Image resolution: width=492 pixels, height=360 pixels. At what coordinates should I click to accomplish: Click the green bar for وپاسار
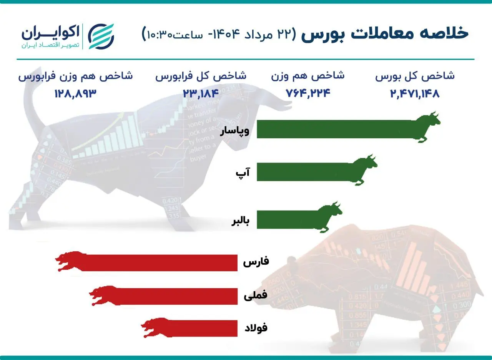334,129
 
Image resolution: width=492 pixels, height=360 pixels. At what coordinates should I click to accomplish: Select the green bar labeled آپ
304,172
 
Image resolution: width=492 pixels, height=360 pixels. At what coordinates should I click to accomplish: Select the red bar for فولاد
200,328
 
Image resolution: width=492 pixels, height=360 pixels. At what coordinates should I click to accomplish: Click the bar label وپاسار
234,131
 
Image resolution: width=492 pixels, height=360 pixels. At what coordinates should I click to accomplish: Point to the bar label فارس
256,262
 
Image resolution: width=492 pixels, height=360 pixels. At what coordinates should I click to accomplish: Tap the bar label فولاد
256,328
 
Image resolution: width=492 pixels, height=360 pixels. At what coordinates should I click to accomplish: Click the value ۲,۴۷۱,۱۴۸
415,93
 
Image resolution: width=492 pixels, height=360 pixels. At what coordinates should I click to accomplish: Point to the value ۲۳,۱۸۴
201,93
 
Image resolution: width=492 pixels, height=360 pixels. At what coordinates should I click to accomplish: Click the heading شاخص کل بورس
415,76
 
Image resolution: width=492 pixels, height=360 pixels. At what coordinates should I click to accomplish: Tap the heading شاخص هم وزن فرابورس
75,76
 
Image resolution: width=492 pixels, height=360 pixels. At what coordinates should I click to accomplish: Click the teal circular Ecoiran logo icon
101,36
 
